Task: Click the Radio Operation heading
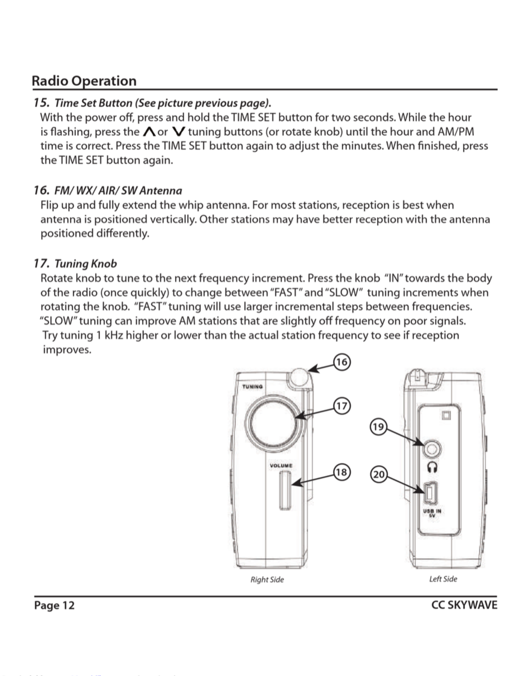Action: click(84, 81)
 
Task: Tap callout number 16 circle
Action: click(342, 362)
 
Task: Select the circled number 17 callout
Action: click(342, 406)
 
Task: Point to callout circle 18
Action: click(342, 472)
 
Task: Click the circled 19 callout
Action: click(378, 427)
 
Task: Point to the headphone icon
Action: click(432, 467)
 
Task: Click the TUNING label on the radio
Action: click(252, 387)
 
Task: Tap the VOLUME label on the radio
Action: click(281, 465)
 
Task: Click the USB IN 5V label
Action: click(432, 513)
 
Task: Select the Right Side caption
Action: click(267, 580)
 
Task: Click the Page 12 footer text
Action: click(54, 605)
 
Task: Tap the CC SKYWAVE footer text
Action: click(464, 605)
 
